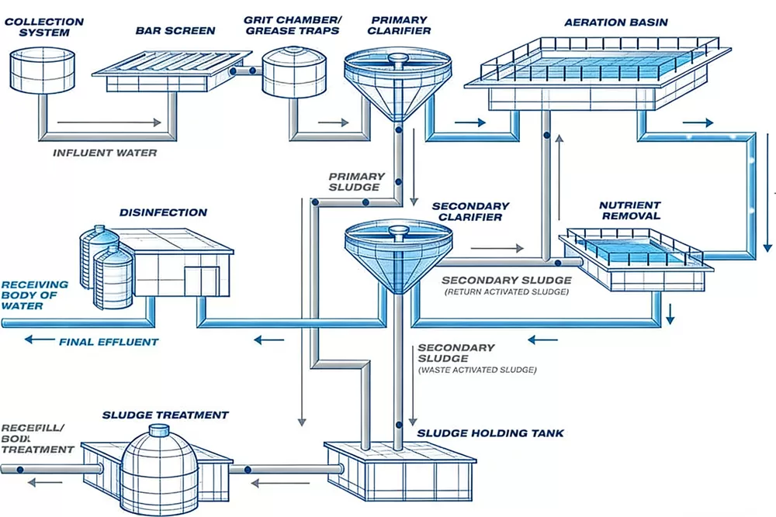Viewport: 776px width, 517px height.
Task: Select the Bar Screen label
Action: (175, 31)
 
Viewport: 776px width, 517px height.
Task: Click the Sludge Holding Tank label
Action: (490, 433)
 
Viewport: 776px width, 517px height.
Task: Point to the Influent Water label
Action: (105, 153)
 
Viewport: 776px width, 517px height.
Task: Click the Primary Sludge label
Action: (355, 181)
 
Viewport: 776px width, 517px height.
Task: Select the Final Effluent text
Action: (109, 342)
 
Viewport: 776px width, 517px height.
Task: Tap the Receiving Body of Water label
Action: (35, 295)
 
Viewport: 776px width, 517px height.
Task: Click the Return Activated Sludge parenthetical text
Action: (506, 292)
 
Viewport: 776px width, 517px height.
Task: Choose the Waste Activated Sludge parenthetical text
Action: (477, 371)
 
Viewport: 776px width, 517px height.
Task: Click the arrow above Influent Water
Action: (109, 122)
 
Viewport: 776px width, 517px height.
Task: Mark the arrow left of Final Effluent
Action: (39, 340)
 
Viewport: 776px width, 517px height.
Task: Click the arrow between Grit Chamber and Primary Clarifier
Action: (334, 122)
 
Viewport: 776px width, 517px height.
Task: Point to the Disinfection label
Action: (163, 212)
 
